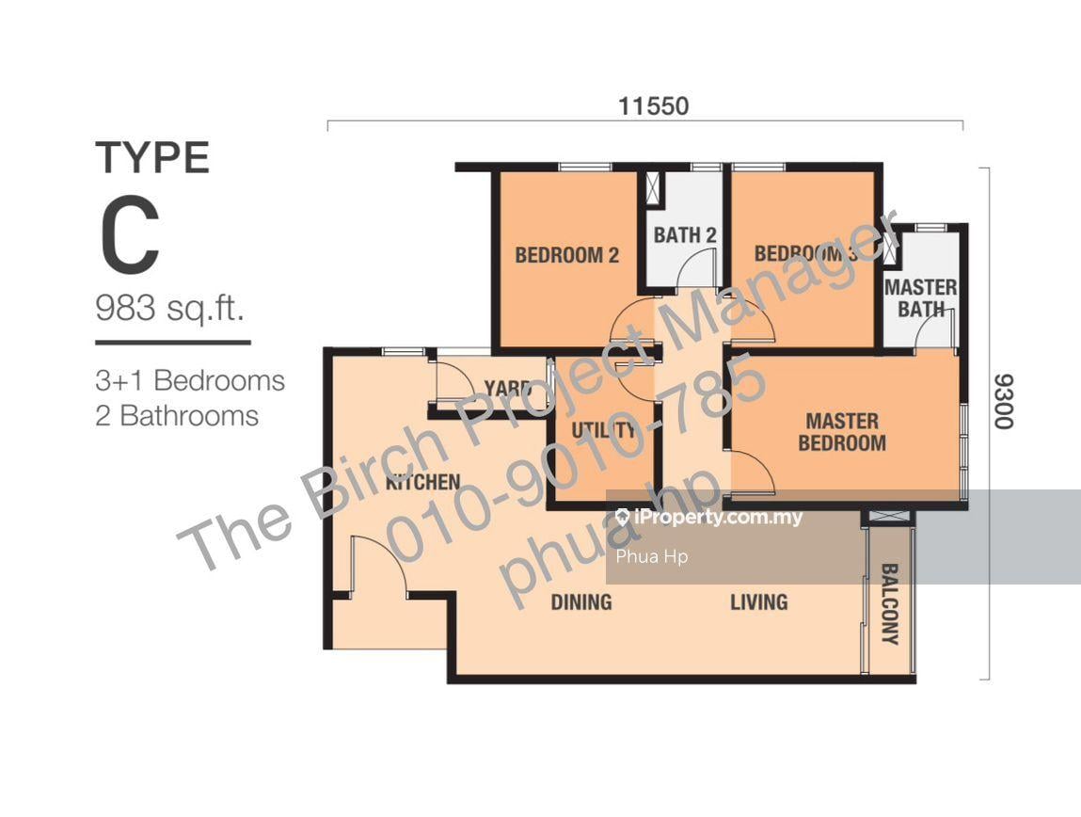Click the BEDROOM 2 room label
tap(566, 255)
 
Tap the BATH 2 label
tap(685, 235)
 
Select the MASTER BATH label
tap(920, 297)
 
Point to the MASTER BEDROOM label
tap(842, 432)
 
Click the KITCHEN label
tap(422, 482)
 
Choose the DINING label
tap(581, 602)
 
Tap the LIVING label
tap(759, 602)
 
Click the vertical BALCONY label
tap(890, 604)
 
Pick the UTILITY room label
tap(603, 431)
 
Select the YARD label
tap(507, 388)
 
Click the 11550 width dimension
tap(654, 106)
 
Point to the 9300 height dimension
tap(1004, 402)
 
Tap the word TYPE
tap(152, 158)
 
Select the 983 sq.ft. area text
tap(169, 308)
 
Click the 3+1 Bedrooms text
tap(190, 380)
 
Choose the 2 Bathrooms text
tap(177, 416)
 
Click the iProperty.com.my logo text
tap(709, 517)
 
